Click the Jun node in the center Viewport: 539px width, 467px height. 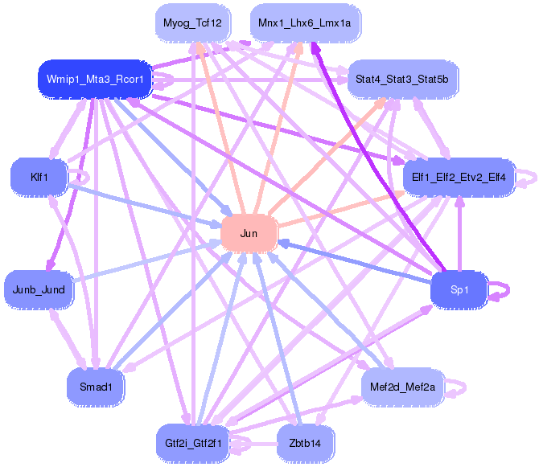pos(249,233)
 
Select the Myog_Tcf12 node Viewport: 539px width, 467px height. pos(192,23)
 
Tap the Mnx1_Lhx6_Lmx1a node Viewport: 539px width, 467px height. pos(305,23)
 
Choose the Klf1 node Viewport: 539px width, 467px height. pos(38,176)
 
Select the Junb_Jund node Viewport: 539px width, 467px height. pos(39,289)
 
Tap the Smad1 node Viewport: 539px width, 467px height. pos(95,387)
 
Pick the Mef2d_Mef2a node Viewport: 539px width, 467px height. pos(402,387)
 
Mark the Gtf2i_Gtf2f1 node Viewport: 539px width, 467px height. pos(193,442)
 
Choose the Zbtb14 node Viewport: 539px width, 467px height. pos(305,442)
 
